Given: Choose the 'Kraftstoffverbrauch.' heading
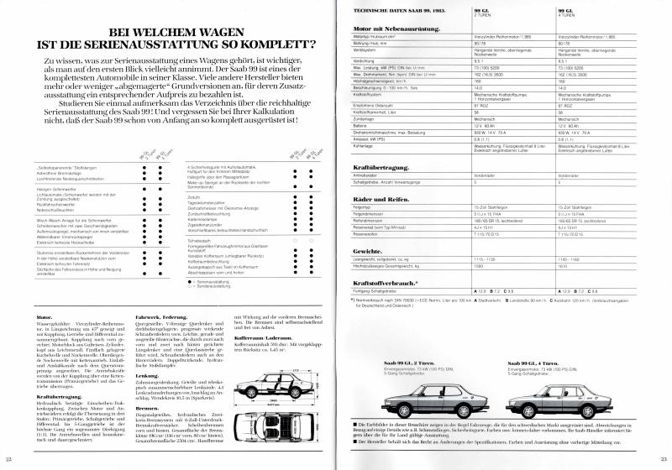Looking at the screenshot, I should point(383,283).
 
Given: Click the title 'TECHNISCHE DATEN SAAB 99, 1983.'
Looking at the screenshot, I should point(393,6).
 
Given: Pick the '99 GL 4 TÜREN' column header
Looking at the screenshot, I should point(569,8).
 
